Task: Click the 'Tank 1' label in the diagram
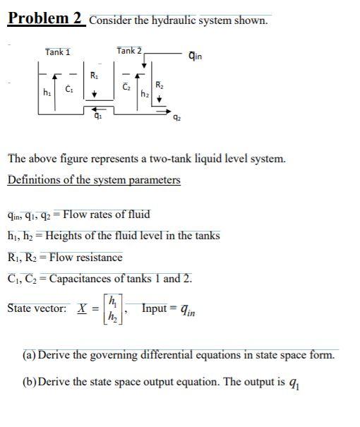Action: coord(57,52)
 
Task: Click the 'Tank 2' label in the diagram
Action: coord(129,50)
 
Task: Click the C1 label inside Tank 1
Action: coord(69,88)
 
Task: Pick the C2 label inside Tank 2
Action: coord(128,87)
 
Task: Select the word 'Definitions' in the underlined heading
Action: coord(35,179)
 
